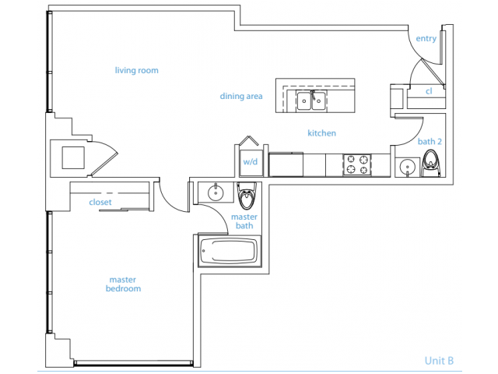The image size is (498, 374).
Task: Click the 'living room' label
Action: [136, 71]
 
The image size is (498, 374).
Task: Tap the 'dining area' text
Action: [240, 97]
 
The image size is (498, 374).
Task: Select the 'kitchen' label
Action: [321, 133]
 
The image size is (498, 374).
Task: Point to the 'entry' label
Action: [426, 39]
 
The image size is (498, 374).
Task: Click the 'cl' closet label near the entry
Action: [429, 91]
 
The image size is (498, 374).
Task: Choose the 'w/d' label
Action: [250, 162]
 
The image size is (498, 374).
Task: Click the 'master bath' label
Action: [246, 221]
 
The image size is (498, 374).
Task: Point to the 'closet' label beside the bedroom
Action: [100, 203]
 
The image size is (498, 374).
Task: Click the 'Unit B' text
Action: [439, 360]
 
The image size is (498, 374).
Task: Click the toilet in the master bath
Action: [247, 198]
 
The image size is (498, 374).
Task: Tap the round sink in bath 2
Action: [405, 167]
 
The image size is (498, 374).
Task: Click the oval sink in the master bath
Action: [213, 192]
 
